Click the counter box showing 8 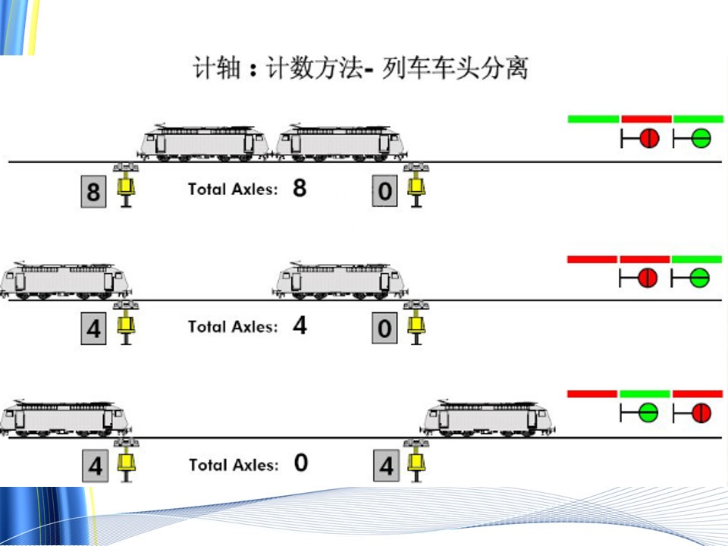click(x=93, y=191)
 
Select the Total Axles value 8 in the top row click(x=300, y=188)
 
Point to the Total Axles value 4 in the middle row click(x=300, y=326)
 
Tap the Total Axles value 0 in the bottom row click(x=301, y=463)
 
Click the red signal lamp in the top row click(x=649, y=139)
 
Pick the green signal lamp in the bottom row click(x=647, y=413)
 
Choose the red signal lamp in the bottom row click(x=701, y=413)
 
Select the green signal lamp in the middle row click(x=700, y=278)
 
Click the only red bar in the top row click(x=646, y=119)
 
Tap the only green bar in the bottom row click(x=645, y=394)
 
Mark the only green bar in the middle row click(x=697, y=259)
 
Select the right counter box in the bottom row click(x=386, y=466)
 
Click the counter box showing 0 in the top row click(x=385, y=191)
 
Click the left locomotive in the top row click(x=205, y=143)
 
